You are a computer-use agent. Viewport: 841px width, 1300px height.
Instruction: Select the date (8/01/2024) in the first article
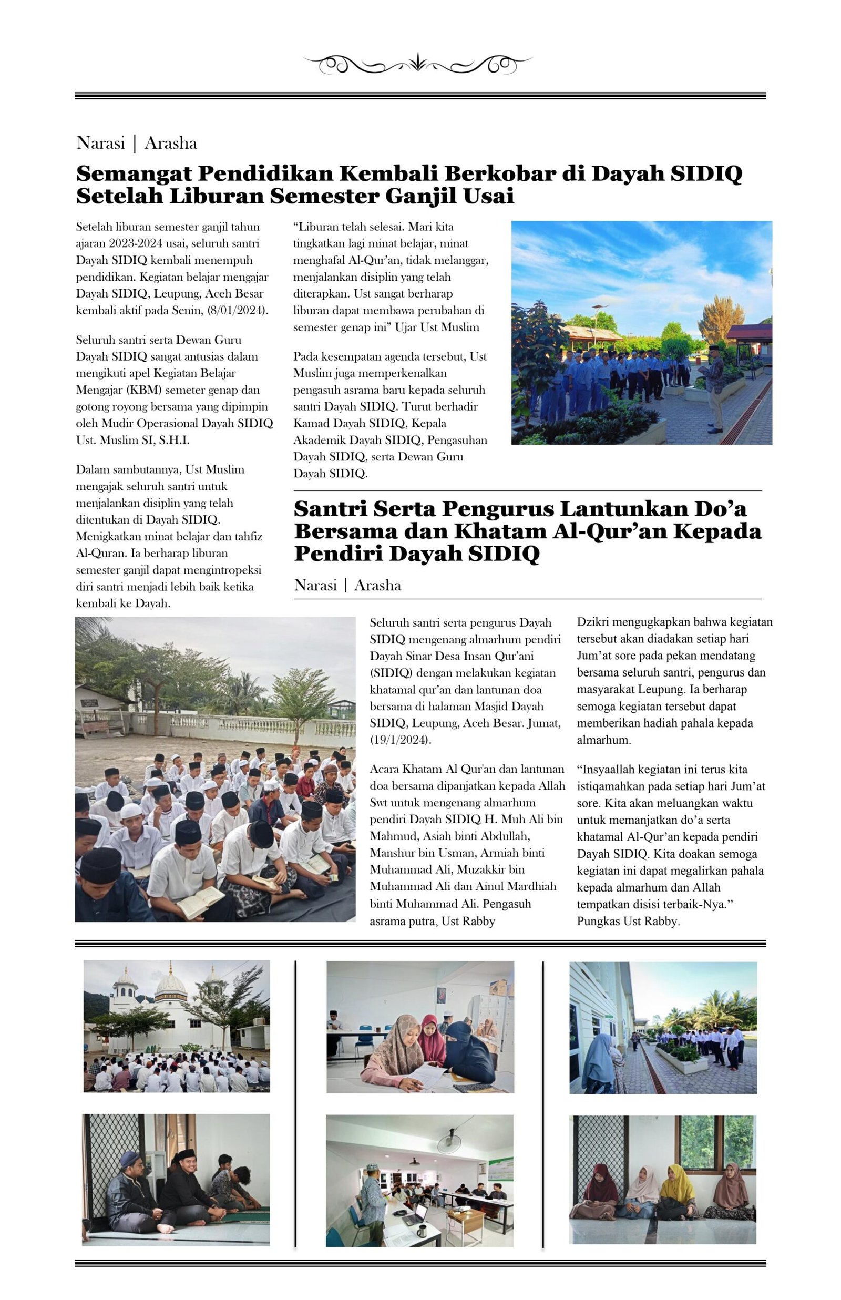(x=238, y=310)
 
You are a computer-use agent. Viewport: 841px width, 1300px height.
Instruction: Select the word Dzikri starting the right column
(x=593, y=622)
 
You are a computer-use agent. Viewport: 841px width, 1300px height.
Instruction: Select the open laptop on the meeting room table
(x=416, y=1213)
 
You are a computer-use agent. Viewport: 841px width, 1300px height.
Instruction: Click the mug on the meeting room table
(x=422, y=1231)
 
